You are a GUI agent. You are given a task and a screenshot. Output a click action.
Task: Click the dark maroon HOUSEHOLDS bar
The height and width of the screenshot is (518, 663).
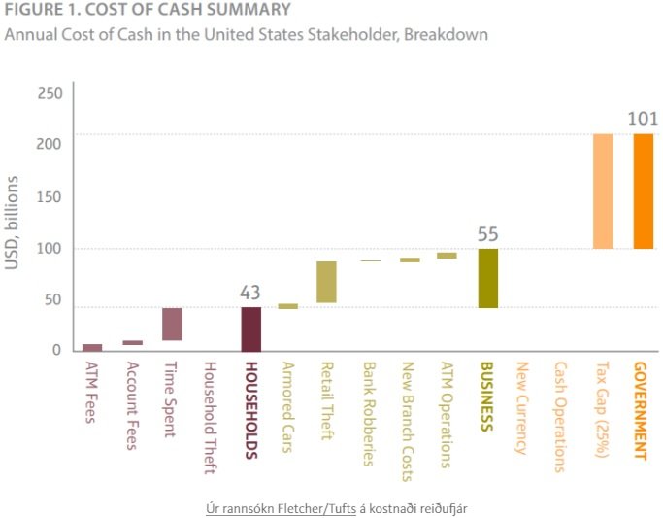pyautogui.click(x=250, y=328)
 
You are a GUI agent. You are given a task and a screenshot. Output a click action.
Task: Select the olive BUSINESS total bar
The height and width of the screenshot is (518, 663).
pyautogui.click(x=487, y=278)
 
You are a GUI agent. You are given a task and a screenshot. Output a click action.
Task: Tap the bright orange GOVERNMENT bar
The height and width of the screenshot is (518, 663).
pyautogui.click(x=643, y=190)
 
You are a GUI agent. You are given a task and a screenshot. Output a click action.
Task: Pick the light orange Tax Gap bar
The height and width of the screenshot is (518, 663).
pyautogui.click(x=603, y=190)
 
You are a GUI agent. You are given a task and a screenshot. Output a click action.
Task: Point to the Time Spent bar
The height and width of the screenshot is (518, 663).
pyautogui.click(x=172, y=324)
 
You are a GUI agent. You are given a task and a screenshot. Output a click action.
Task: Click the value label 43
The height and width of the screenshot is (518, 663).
pyautogui.click(x=250, y=293)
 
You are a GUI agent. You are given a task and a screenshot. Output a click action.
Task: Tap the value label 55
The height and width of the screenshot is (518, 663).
pyautogui.click(x=487, y=234)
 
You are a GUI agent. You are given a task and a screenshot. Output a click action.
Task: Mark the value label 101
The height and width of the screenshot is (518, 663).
pyautogui.click(x=643, y=120)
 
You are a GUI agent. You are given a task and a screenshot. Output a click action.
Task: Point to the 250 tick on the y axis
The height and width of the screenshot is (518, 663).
pyautogui.click(x=50, y=93)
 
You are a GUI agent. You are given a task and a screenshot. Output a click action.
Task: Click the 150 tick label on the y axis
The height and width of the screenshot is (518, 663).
pyautogui.click(x=50, y=197)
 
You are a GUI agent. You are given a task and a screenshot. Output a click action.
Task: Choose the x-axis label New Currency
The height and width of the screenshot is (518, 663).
pyautogui.click(x=521, y=408)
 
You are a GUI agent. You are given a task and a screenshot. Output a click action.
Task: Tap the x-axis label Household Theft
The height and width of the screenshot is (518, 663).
pyautogui.click(x=209, y=418)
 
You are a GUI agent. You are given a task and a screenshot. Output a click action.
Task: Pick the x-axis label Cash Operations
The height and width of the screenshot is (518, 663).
pyautogui.click(x=560, y=417)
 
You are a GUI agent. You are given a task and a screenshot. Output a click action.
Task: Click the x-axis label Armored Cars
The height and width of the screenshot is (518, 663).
pyautogui.click(x=287, y=408)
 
